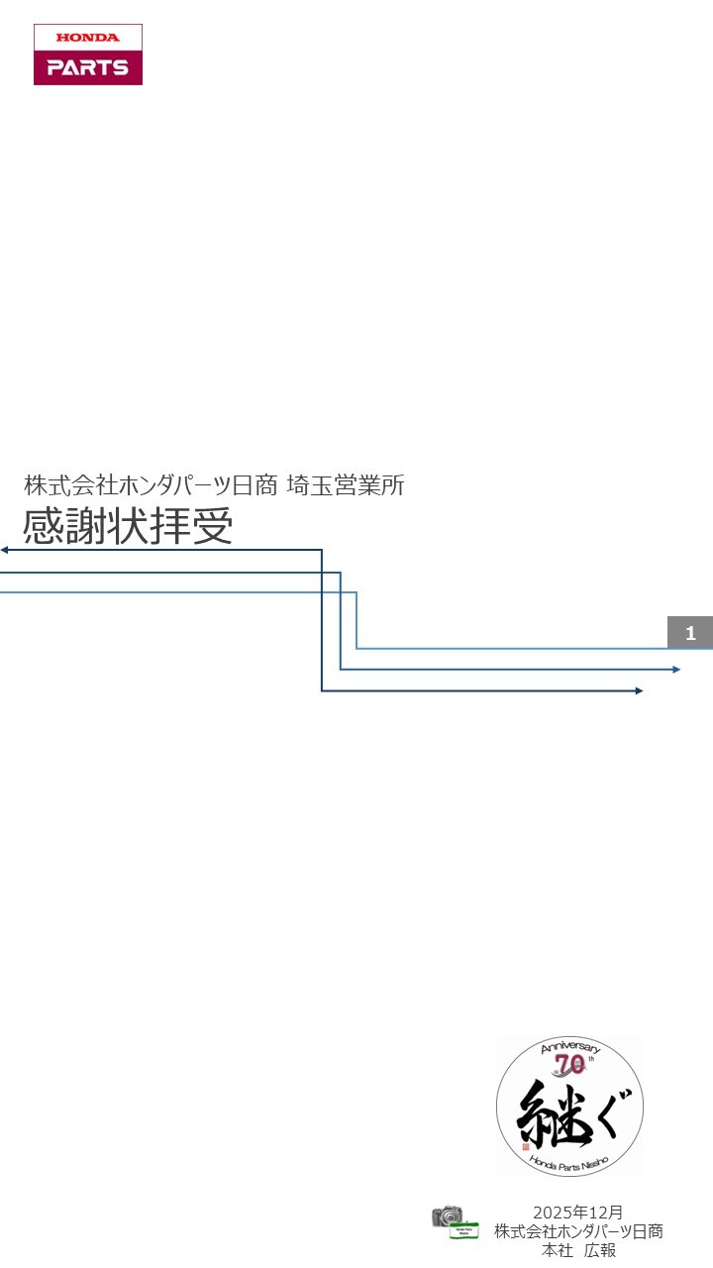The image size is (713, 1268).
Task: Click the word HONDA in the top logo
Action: [x=87, y=38]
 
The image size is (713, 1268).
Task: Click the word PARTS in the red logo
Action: [x=87, y=68]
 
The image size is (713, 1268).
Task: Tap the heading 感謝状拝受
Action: [x=128, y=526]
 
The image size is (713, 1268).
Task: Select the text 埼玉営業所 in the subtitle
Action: [x=346, y=485]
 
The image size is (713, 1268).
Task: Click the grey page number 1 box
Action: [x=690, y=633]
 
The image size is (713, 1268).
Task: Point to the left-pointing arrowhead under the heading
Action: [x=5, y=550]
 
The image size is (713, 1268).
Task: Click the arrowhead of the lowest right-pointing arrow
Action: [x=639, y=690]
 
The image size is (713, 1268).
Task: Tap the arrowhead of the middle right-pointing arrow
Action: [x=675, y=670]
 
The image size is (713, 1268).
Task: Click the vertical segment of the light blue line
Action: [x=356, y=620]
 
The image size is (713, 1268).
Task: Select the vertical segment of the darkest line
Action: [x=322, y=620]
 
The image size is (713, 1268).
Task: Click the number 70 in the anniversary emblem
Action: [x=569, y=1065]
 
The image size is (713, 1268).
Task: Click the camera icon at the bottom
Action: [x=447, y=1216]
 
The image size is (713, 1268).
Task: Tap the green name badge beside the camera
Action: [x=463, y=1231]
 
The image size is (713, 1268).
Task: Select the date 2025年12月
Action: [x=578, y=1213]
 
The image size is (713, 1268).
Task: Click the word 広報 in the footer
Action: [x=600, y=1250]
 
